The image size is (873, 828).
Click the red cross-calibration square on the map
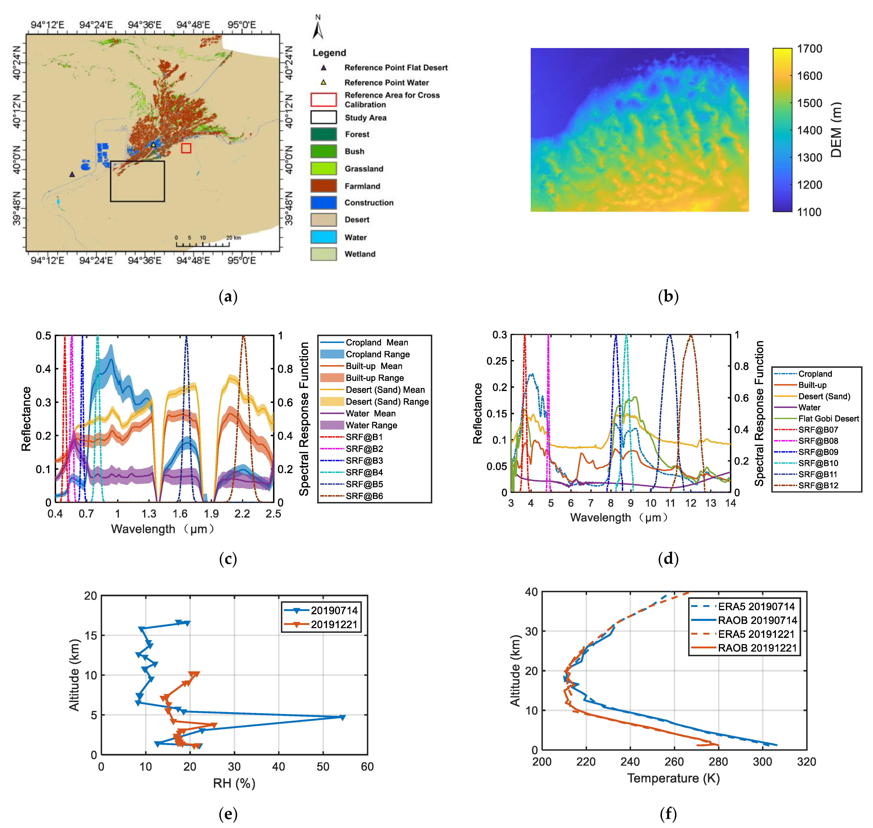(x=186, y=148)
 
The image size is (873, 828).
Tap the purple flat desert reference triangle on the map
(x=72, y=174)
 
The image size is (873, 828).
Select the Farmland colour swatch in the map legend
(x=323, y=186)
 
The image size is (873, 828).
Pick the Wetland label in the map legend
(x=360, y=254)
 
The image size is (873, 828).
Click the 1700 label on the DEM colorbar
(x=809, y=49)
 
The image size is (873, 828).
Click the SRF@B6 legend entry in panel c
(x=364, y=496)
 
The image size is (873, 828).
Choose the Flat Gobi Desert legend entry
(x=828, y=418)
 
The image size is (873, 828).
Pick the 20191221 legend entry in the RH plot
(x=334, y=625)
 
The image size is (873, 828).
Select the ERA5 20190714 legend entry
(x=756, y=606)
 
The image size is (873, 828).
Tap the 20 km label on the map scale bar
(x=233, y=237)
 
